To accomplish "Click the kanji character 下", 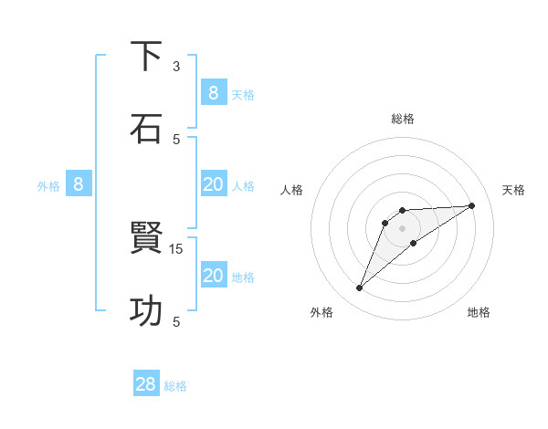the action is [146, 57].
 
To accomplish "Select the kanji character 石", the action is [146, 129].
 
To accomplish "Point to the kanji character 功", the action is [146, 311].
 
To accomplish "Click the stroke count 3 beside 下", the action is [176, 67].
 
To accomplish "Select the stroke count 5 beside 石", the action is [176, 139].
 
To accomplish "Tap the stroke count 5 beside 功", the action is [176, 321].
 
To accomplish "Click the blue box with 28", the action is [146, 384].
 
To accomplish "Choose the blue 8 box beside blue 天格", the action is [214, 92].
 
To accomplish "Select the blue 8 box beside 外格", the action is [79, 184].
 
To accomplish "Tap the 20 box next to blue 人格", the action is [214, 184].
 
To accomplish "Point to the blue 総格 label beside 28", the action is [175, 386].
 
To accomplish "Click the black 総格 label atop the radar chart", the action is [402, 119].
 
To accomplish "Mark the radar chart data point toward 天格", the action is [472, 205].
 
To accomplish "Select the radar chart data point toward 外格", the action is [359, 288].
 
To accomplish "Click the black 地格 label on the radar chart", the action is [479, 312].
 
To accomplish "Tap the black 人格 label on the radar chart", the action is [292, 190].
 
